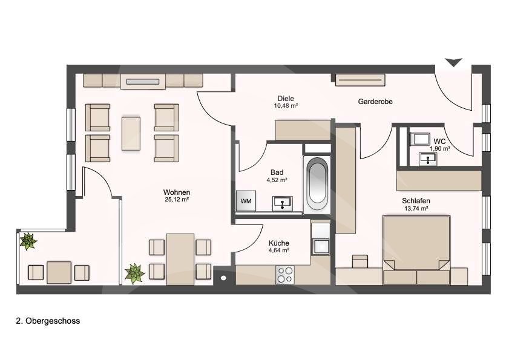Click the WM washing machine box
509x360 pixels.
coord(246,201)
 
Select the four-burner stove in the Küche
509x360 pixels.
coord(284,275)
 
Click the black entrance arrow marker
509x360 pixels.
coord(453,62)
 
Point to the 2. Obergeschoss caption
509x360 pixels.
coord(48,321)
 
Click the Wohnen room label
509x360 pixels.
coord(177,192)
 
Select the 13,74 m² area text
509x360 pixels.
coord(416,208)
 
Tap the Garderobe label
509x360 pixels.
coord(375,102)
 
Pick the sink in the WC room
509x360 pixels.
coord(428,159)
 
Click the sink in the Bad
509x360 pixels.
coord(283,203)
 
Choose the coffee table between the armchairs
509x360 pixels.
coord(131,134)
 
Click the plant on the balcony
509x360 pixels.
coord(28,241)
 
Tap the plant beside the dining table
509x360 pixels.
coord(135,273)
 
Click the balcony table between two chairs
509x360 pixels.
coord(59,272)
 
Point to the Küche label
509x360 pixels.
coord(279,243)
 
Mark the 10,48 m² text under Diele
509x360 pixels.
coord(286,105)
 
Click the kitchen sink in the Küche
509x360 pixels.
coord(321,246)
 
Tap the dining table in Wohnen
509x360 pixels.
coord(180,259)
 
